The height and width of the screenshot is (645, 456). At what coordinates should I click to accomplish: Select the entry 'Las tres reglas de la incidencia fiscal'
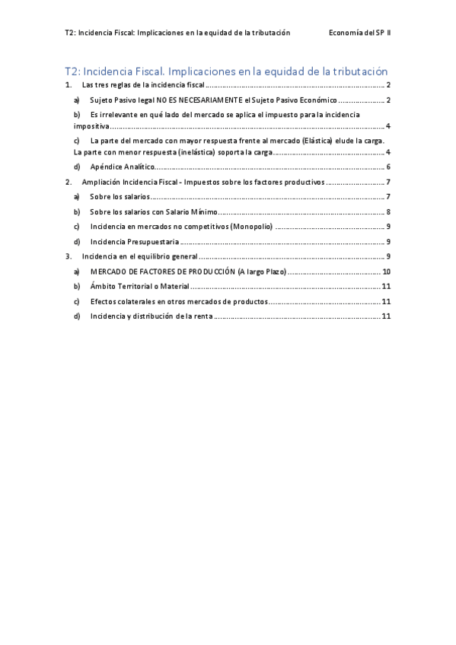pos(143,86)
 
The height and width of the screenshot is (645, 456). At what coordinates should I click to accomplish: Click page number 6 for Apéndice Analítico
pos(388,167)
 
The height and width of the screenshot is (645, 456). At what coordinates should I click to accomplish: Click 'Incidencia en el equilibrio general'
pos(139,256)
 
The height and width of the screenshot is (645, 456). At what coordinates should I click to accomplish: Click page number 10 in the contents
pos(386,272)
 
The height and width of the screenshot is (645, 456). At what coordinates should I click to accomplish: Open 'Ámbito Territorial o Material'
pos(139,286)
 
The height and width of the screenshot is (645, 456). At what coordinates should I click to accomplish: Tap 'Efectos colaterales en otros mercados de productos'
pos(178,301)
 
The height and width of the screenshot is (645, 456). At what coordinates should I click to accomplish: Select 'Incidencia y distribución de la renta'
pos(151,316)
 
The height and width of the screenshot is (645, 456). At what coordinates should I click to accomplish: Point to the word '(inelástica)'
pos(177,152)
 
